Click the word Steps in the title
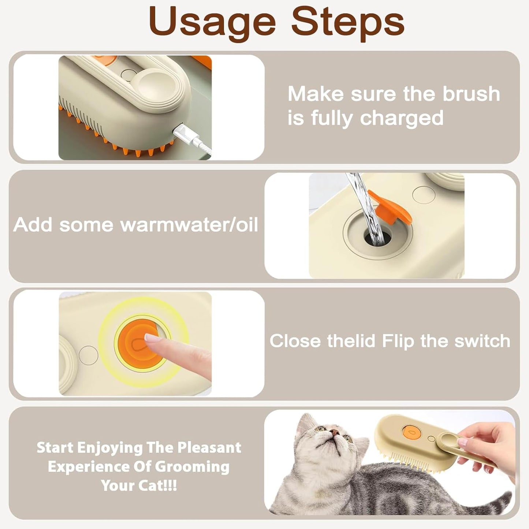[x=348, y=23]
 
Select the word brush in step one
[x=471, y=94]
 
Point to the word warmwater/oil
[x=189, y=224]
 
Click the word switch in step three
[x=482, y=341]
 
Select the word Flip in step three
[x=398, y=341]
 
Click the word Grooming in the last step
[x=192, y=467]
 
